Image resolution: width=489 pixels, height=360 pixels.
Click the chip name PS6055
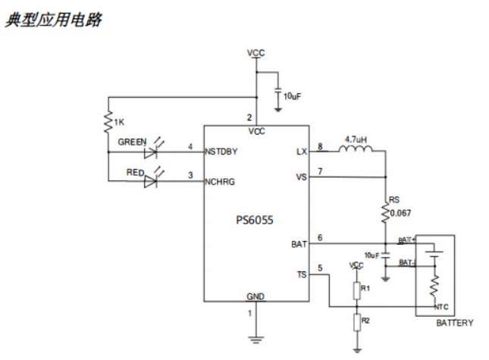[x=254, y=221]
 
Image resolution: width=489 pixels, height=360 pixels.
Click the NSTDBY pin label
[x=221, y=152]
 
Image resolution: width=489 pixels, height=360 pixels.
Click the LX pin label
[x=301, y=152]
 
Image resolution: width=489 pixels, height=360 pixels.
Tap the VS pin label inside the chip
[x=301, y=177]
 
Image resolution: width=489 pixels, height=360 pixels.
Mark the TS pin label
[x=301, y=274]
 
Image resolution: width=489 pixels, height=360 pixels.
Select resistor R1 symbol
[x=356, y=291]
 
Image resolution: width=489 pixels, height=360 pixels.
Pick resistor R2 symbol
[x=356, y=324]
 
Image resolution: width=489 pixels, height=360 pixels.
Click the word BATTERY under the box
[x=455, y=323]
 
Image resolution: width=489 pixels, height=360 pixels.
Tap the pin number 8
[x=320, y=146]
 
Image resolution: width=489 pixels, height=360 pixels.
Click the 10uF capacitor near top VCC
[x=278, y=95]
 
